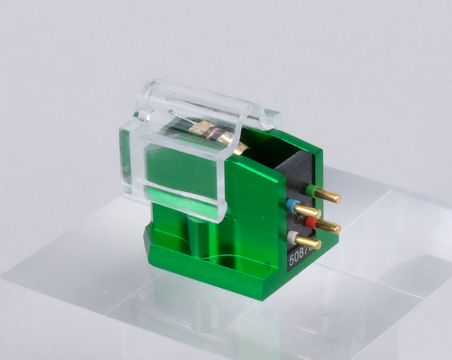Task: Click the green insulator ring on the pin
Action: coord(311,190)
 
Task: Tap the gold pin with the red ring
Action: coord(327,227)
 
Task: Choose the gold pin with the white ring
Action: coord(309,242)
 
